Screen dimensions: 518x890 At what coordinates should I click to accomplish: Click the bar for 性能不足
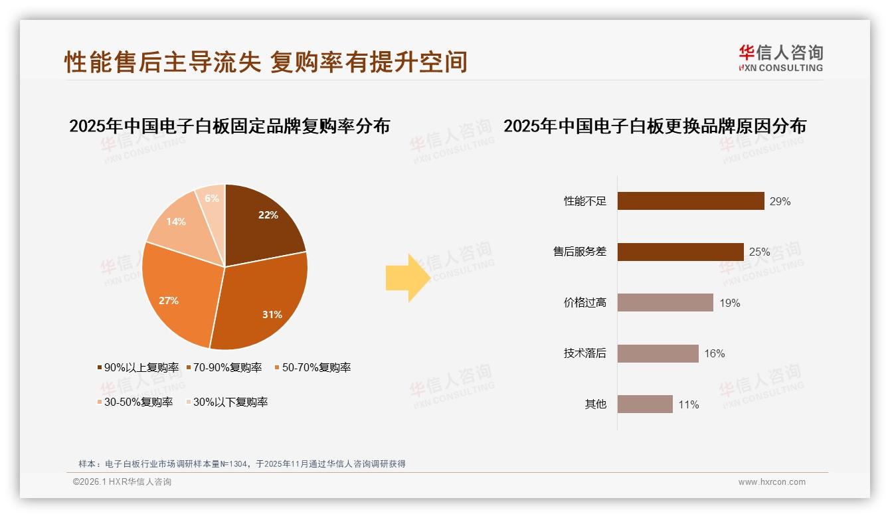691,201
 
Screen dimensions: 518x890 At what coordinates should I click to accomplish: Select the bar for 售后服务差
680,252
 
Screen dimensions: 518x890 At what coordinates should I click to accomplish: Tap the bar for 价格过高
665,303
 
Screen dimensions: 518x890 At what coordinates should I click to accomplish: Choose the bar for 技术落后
658,353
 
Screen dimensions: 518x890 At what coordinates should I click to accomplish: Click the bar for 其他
645,404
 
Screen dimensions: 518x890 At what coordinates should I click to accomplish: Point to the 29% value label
780,201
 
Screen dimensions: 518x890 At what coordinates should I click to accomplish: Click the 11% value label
688,404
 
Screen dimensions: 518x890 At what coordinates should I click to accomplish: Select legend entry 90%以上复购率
138,367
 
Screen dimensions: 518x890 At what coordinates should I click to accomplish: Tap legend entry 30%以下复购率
226,402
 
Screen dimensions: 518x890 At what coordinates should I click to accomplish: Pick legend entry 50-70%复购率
312,367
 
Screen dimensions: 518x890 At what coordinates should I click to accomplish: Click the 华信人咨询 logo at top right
780,58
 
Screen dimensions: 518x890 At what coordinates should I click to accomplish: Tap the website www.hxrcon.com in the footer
772,482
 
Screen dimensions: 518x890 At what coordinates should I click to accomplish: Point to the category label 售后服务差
580,252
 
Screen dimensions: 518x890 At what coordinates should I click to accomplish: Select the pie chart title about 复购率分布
229,126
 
